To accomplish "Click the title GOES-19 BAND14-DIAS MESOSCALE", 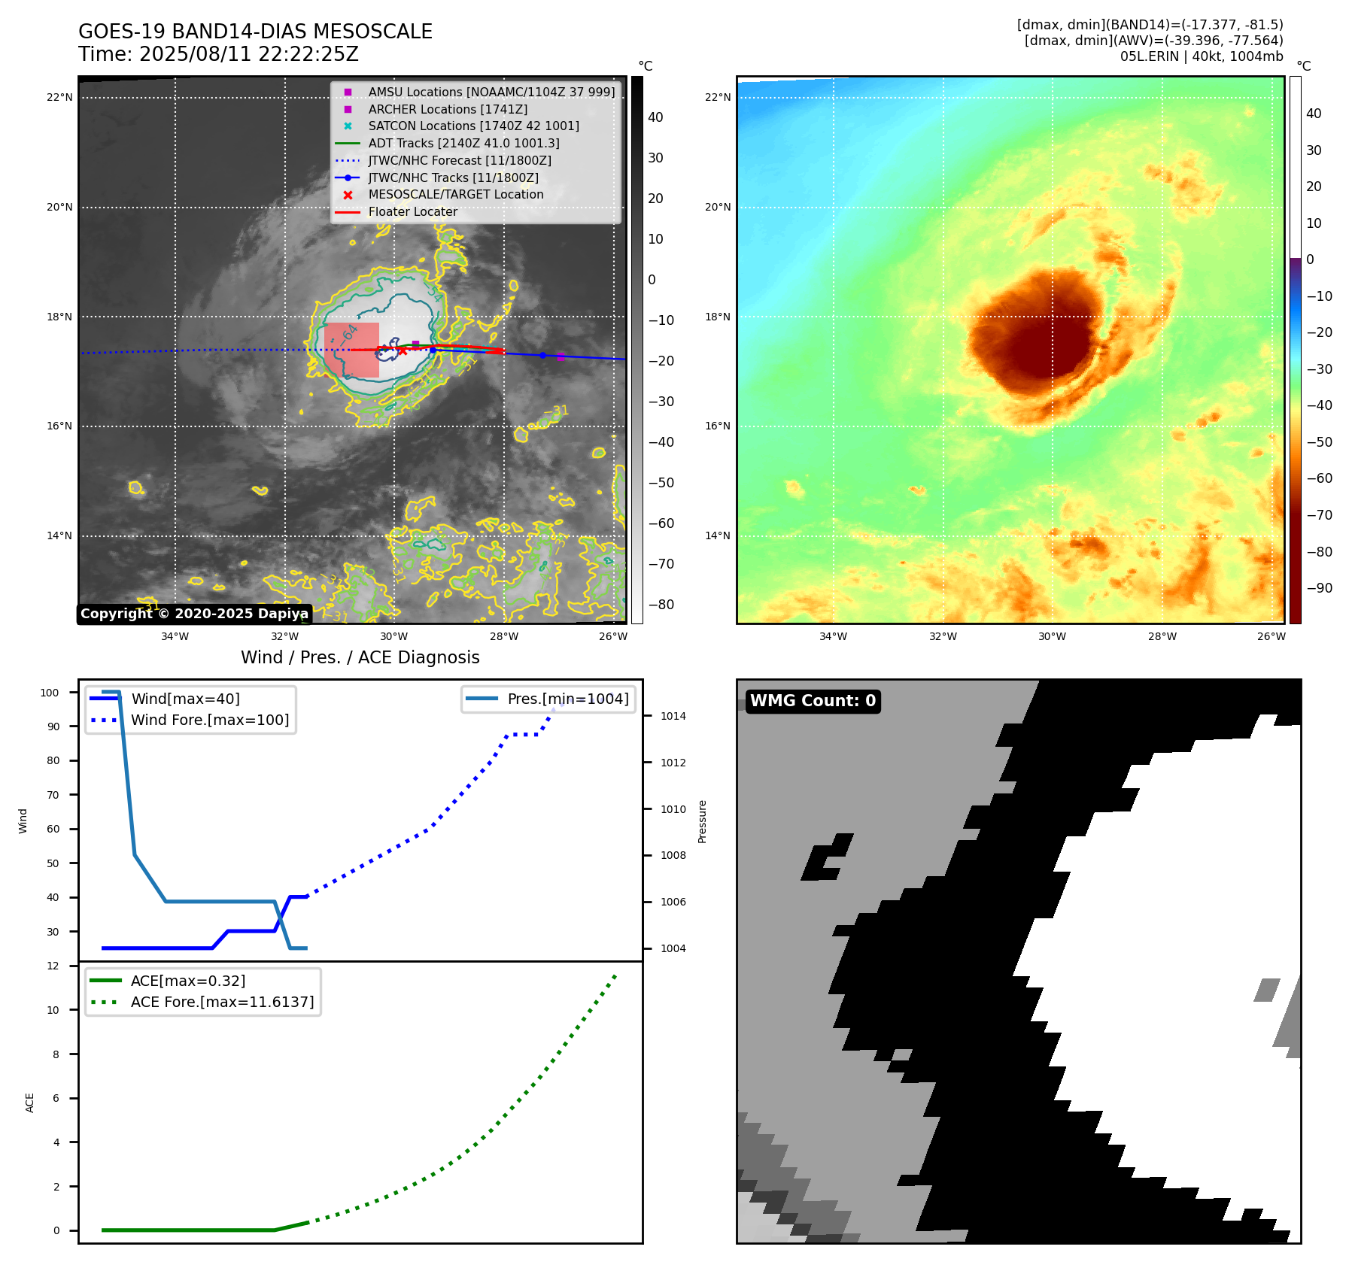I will tap(255, 32).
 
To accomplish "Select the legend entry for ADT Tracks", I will tap(463, 143).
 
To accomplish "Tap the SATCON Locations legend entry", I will tap(473, 126).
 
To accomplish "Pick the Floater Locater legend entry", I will tap(412, 211).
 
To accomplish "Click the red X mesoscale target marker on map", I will tap(403, 350).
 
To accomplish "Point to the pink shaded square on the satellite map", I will tap(351, 350).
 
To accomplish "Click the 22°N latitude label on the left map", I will tap(59, 97).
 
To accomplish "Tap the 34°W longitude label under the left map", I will tap(175, 636).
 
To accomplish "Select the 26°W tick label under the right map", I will tap(1271, 636).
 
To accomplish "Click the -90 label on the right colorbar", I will tap(1319, 588).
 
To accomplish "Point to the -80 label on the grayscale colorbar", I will tap(661, 605).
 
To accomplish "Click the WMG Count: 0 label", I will tap(813, 701).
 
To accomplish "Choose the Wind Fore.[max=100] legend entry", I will tap(210, 720).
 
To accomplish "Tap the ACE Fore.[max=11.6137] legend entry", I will tap(222, 1002).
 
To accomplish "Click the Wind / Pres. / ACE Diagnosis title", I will tap(360, 657).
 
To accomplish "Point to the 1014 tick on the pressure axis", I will tap(673, 716).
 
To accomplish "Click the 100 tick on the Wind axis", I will tap(50, 693).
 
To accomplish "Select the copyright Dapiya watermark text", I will tap(194, 614).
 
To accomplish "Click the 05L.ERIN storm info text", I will tap(1201, 56).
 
